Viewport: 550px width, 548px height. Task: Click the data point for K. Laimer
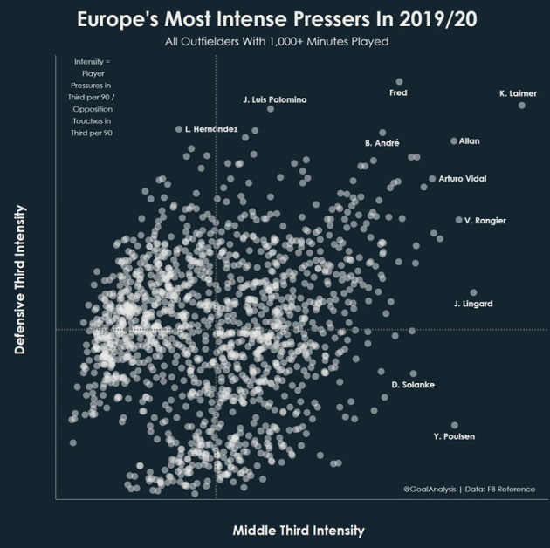click(522, 106)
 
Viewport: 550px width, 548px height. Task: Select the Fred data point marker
click(399, 82)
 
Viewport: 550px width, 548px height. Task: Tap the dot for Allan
click(454, 140)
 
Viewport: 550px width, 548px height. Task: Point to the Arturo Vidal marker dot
click(432, 179)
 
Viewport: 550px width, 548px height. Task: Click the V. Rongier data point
click(458, 220)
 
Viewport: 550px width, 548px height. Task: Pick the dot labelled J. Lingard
click(474, 293)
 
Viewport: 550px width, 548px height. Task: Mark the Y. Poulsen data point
click(455, 425)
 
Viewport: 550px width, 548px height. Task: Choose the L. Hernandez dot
click(179, 129)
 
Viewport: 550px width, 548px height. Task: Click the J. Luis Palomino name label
click(274, 100)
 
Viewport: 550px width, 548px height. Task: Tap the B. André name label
click(382, 142)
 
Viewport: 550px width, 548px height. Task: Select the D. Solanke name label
click(413, 385)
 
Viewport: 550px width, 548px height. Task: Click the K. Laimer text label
click(518, 92)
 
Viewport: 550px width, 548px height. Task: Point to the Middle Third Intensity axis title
click(299, 530)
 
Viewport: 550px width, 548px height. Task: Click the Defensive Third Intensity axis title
click(20, 279)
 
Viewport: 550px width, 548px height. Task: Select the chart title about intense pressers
click(275, 19)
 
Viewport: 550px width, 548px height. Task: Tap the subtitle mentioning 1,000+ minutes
click(276, 42)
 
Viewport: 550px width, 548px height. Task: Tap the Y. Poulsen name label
click(454, 436)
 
